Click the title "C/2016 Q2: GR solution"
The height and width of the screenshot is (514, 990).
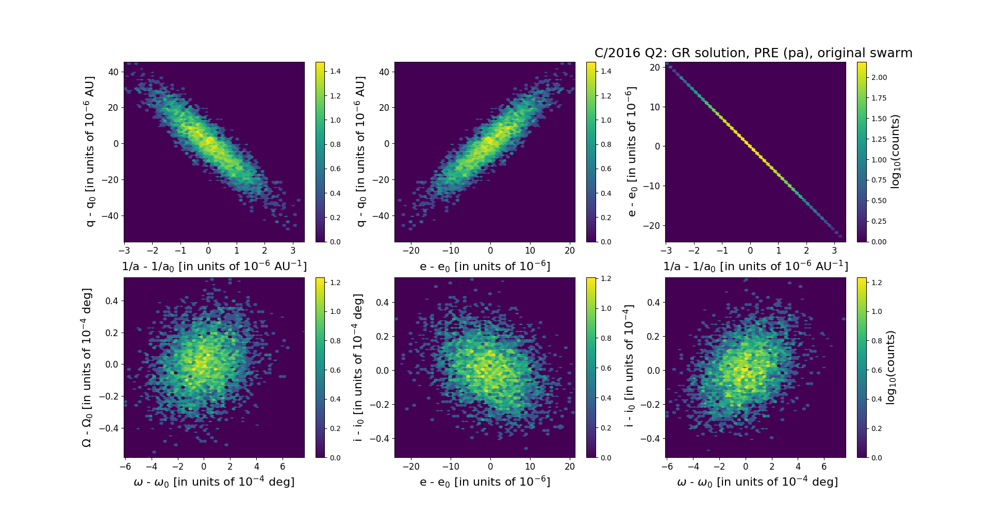pos(753,53)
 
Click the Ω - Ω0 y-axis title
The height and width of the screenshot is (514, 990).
pos(87,367)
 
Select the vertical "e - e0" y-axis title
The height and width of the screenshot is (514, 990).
pos(631,152)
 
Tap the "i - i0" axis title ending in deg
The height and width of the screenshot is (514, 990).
pos(358,367)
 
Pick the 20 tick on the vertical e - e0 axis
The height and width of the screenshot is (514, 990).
pos(655,68)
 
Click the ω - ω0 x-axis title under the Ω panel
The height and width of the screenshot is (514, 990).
pos(214,482)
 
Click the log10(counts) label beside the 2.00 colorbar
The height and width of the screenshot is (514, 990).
pos(896,152)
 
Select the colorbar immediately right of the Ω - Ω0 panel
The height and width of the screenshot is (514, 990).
pos(320,367)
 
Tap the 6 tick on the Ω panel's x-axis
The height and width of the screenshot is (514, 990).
pos(283,467)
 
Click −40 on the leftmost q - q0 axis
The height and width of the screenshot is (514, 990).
pos(110,215)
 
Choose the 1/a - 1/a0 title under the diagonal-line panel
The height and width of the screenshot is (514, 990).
pos(755,266)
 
